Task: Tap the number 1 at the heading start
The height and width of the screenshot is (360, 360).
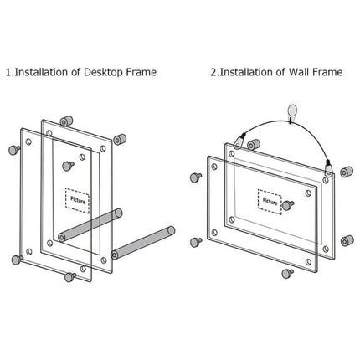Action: [8, 73]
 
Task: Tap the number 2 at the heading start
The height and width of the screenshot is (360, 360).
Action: [213, 73]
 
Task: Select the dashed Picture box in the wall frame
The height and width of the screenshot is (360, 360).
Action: [270, 201]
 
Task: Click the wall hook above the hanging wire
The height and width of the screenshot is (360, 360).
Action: [291, 109]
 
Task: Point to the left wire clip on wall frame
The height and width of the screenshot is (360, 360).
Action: [241, 143]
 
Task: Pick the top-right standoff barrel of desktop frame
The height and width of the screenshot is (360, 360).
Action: [121, 137]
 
